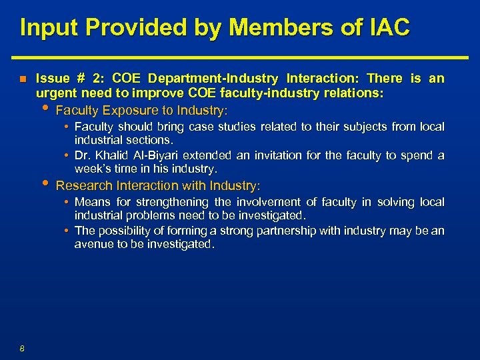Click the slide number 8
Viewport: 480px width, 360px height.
(22, 348)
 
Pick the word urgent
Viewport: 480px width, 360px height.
(55, 94)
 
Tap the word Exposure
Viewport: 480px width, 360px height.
(126, 109)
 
